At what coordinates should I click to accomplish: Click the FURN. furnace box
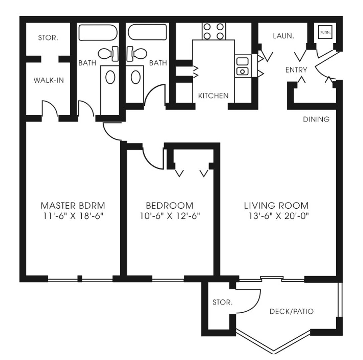[325, 33]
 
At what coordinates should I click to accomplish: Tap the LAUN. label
[283, 36]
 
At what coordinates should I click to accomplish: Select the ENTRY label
[296, 70]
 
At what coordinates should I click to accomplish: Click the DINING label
[316, 119]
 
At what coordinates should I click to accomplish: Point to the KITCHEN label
[213, 96]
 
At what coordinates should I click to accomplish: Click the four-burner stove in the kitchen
[214, 31]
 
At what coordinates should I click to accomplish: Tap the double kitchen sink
[243, 66]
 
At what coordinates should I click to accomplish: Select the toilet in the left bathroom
[108, 54]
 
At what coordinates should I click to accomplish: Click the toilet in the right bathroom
[136, 54]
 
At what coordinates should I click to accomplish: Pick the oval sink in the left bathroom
[110, 77]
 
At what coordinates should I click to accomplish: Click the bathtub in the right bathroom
[147, 32]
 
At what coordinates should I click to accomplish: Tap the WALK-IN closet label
[49, 80]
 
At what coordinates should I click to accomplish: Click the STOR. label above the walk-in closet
[48, 38]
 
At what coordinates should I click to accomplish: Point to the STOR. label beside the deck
[222, 302]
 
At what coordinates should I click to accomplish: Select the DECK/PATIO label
[292, 311]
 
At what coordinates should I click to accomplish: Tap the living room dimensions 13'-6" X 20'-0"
[279, 216]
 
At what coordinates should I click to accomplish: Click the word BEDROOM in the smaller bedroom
[169, 205]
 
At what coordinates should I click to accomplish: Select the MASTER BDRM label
[73, 205]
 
